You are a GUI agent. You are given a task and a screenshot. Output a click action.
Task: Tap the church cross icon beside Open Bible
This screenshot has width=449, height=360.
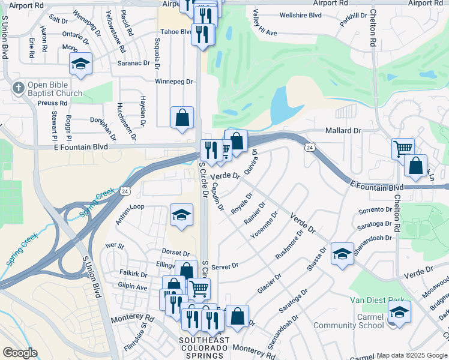[19, 88]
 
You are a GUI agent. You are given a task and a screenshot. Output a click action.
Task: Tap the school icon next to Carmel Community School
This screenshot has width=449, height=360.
[400, 312]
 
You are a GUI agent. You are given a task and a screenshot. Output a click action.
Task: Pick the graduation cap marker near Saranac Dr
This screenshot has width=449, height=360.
[80, 64]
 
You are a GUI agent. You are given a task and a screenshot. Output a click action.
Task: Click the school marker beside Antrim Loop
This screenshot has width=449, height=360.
[181, 215]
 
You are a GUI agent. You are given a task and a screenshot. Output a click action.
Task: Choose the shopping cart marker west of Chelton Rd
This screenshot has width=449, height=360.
[403, 148]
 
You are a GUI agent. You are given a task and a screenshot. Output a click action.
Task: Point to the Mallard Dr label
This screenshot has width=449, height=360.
[343, 130]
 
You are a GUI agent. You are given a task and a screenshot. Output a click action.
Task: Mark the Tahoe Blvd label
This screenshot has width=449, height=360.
[176, 32]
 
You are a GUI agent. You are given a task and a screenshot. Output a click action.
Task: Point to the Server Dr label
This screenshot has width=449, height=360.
[225, 266]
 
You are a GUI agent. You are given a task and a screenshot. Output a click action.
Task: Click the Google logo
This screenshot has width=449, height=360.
[20, 353]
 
